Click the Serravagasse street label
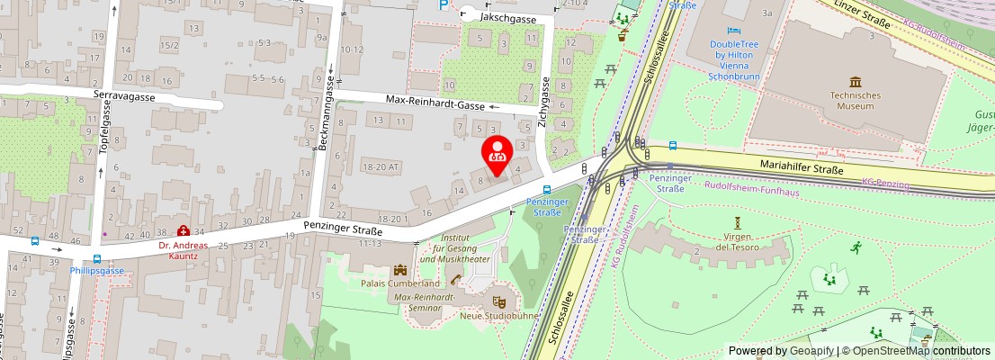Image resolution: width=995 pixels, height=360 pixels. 124,96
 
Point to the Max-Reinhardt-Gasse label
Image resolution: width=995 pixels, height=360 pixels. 447,104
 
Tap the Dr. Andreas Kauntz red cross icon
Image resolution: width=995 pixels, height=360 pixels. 184,231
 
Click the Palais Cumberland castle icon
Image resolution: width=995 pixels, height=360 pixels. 399,269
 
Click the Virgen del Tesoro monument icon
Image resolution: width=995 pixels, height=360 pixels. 738,222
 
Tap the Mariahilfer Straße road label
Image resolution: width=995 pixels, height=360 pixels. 802,168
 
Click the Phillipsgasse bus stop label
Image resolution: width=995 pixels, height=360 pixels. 97,270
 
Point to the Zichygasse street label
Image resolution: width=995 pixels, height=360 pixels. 543,103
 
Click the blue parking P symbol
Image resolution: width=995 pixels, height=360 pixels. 442,4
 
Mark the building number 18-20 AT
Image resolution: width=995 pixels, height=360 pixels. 380,167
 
